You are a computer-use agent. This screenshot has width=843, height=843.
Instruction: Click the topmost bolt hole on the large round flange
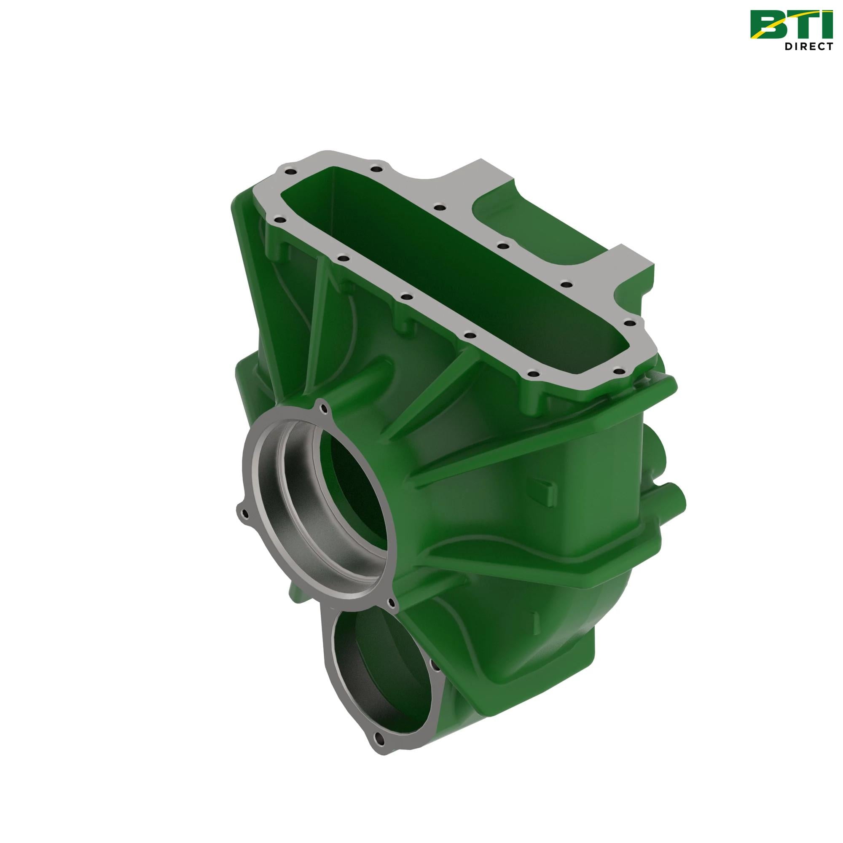[322, 408]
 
